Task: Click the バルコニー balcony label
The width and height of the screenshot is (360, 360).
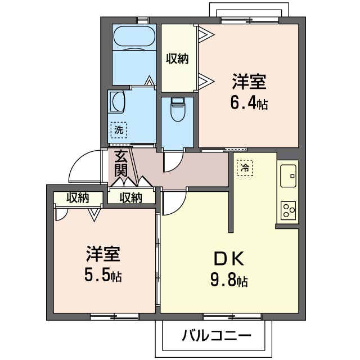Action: click(216, 336)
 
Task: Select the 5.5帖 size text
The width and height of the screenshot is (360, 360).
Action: click(102, 276)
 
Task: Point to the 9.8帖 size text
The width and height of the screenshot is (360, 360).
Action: click(229, 280)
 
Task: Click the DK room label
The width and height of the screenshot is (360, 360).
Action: click(228, 259)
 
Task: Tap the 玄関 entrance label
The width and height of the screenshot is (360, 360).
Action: click(120, 163)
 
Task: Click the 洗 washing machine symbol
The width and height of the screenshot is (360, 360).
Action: click(118, 130)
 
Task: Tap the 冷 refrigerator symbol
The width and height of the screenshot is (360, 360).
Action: click(245, 167)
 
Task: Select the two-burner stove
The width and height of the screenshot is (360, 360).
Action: click(289, 211)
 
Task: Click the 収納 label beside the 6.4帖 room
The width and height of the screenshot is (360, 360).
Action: click(177, 57)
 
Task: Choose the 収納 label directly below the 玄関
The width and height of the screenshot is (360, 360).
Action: click(131, 197)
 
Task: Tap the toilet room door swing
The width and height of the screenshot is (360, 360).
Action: click(171, 164)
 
